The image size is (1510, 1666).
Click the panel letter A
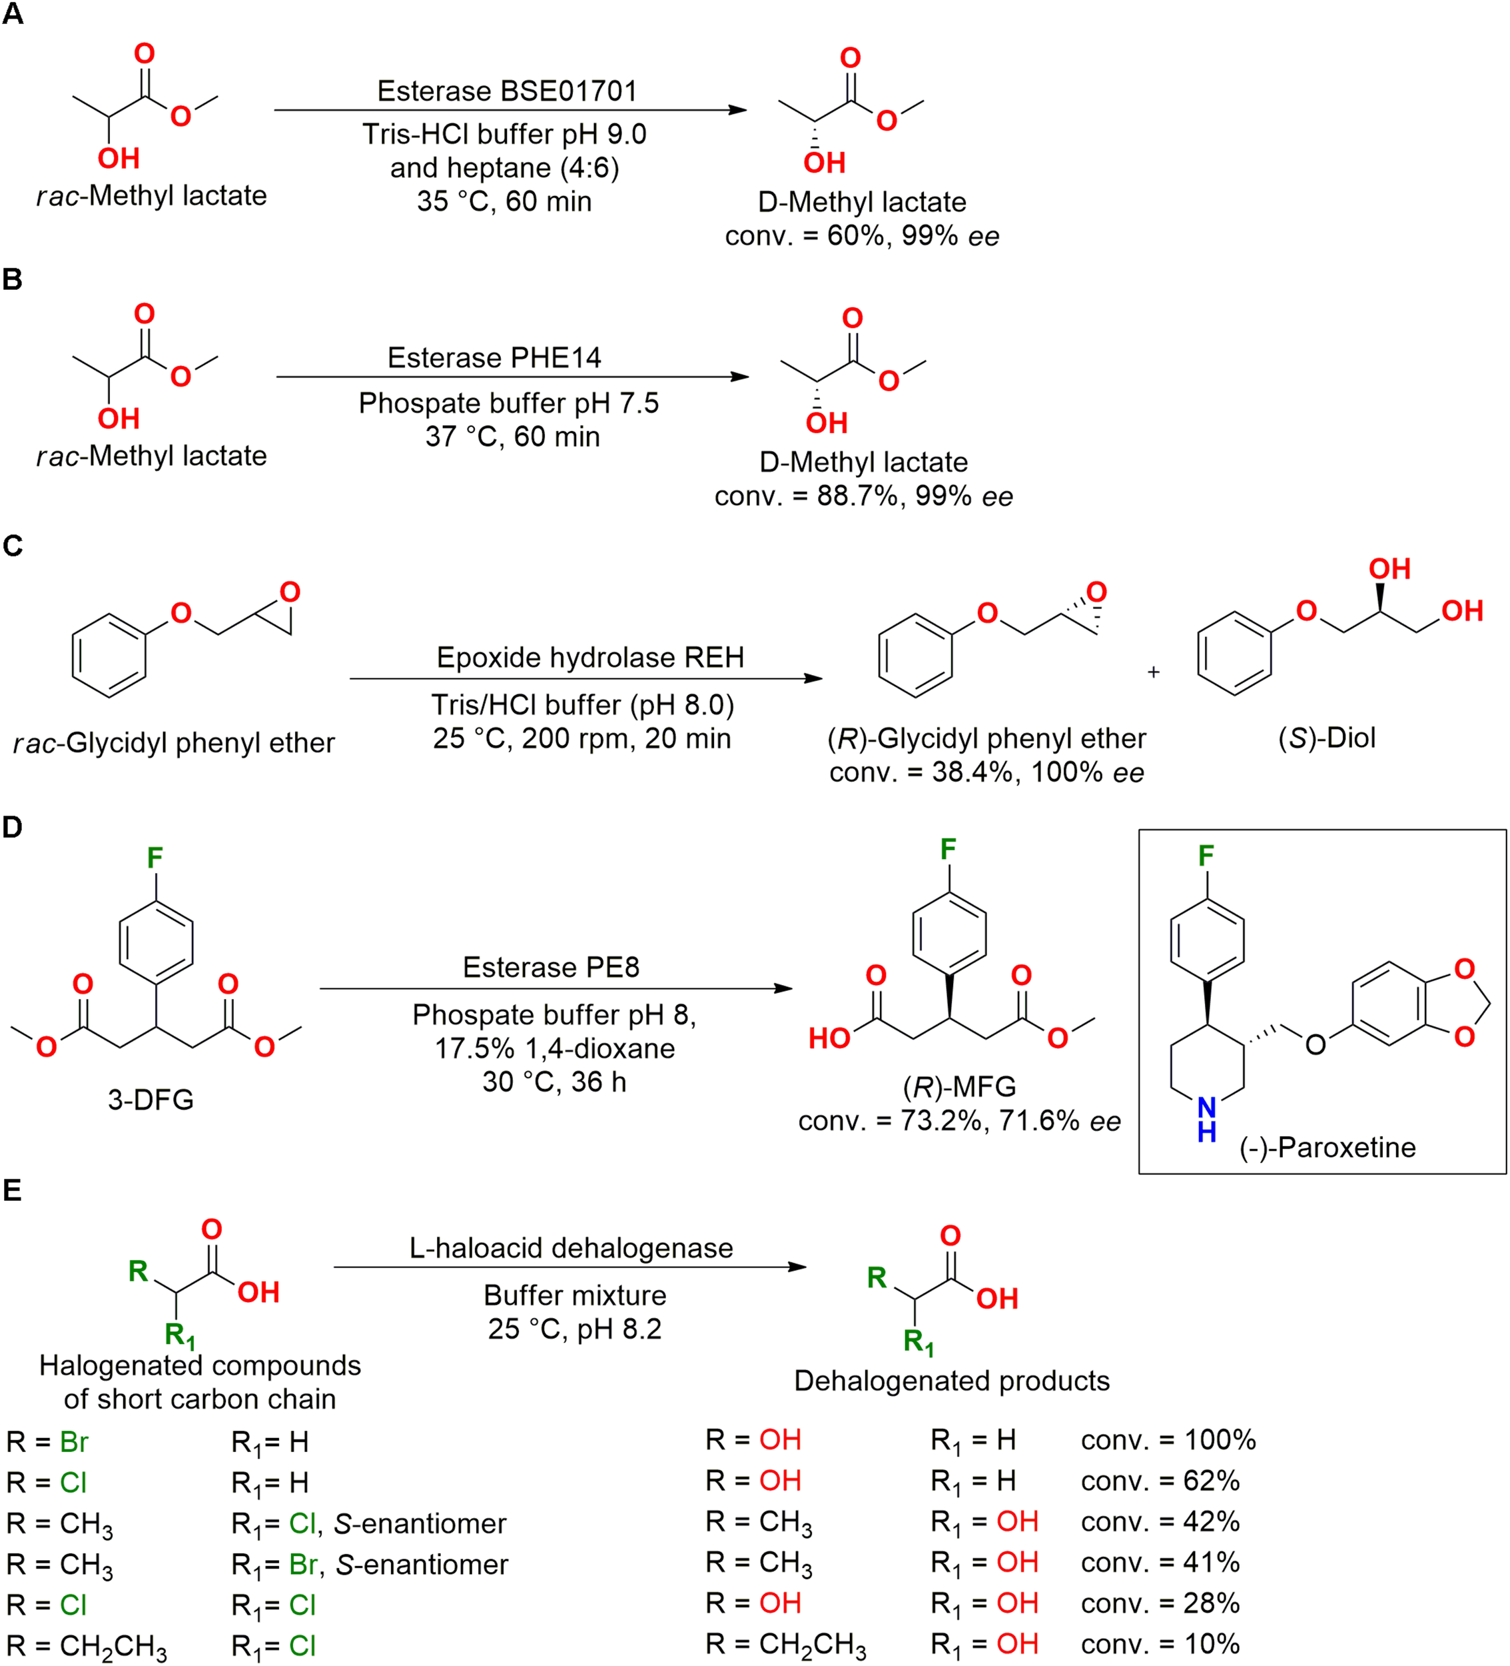pos(13,14)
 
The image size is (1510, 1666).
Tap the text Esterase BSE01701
pos(507,91)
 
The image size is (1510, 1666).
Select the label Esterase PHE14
pos(494,357)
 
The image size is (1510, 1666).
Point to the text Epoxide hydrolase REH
pos(589,657)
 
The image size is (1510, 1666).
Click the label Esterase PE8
pos(551,967)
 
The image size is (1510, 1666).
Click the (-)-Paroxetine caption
pos(1327,1147)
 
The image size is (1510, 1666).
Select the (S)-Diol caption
pos(1327,737)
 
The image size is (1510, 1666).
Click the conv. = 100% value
pos(1168,1439)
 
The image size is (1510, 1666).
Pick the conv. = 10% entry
pos(1160,1644)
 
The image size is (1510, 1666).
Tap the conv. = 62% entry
pos(1160,1480)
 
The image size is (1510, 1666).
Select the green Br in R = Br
pos(73,1442)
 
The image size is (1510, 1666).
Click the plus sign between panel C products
pos(1153,672)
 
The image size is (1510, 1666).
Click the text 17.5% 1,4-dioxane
pos(554,1048)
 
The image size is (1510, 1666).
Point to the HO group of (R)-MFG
pos(829,1038)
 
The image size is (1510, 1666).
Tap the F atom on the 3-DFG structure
pos(155,858)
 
